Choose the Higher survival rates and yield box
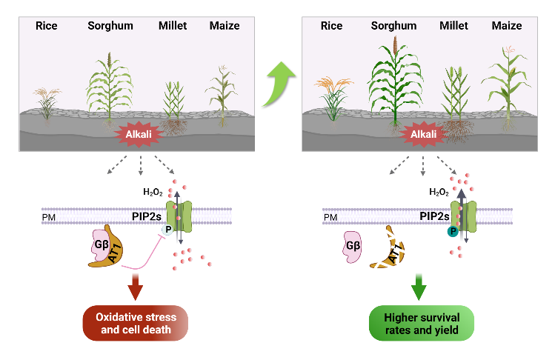pos(419,324)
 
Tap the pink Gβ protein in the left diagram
pos(102,244)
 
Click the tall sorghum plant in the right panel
pos(394,81)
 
